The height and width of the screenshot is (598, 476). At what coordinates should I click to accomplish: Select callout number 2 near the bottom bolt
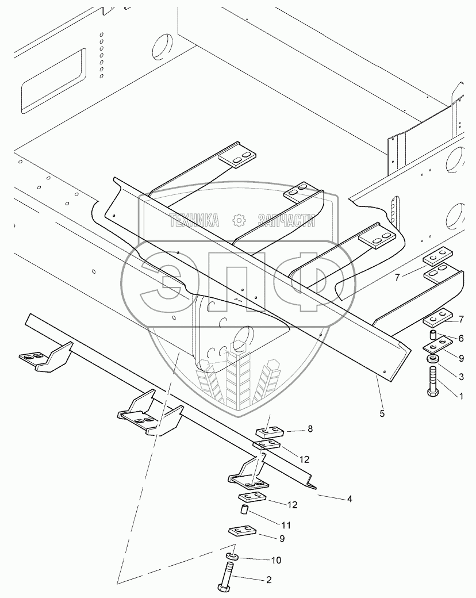(268, 580)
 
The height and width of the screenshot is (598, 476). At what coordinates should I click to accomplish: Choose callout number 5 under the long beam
(382, 413)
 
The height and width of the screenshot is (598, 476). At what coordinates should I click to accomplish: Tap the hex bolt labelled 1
(433, 384)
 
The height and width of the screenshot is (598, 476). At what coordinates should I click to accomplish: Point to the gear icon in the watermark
(239, 220)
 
